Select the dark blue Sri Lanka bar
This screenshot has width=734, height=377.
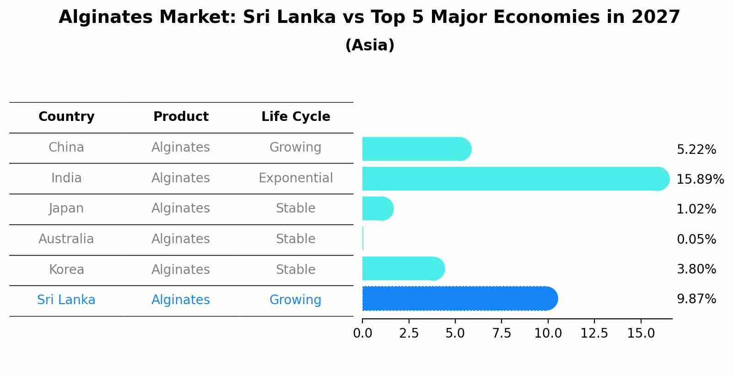point(458,299)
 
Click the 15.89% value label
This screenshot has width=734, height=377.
point(700,179)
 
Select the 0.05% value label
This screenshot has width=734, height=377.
point(696,239)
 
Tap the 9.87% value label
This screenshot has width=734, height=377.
point(696,299)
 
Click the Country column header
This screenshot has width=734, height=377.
point(66,117)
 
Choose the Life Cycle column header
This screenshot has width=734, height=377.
point(296,117)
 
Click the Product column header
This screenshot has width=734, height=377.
point(181,117)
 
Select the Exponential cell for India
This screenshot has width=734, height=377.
point(296,178)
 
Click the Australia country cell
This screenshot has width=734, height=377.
point(66,239)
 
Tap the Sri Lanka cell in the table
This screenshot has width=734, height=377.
point(66,300)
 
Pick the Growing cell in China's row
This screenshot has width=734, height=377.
point(296,148)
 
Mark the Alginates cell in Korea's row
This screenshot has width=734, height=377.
point(181,270)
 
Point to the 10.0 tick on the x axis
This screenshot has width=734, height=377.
point(548,333)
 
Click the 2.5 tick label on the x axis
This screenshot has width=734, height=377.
point(409,333)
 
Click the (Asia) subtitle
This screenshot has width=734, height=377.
point(370,45)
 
